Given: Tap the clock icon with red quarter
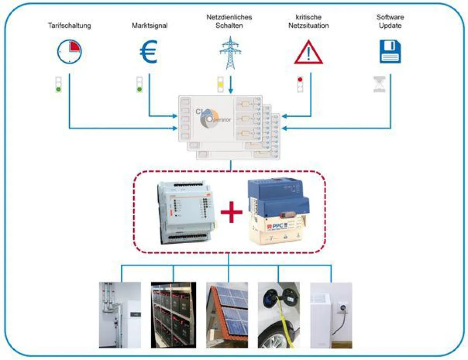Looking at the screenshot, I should coord(69,52).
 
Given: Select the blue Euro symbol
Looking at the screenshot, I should coord(149,53).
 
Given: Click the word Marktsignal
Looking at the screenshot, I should coord(150,26).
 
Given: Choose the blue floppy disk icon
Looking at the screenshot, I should coord(390,52).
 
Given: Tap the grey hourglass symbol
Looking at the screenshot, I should coord(379,84).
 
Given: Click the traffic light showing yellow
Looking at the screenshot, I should coord(220,84).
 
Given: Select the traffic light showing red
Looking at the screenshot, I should coord(300,84).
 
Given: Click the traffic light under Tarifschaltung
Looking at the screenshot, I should coord(59,84).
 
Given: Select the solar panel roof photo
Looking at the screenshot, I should coord(227,315).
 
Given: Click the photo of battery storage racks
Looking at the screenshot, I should coord(173,315).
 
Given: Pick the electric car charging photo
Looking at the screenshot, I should coord(279,315).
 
